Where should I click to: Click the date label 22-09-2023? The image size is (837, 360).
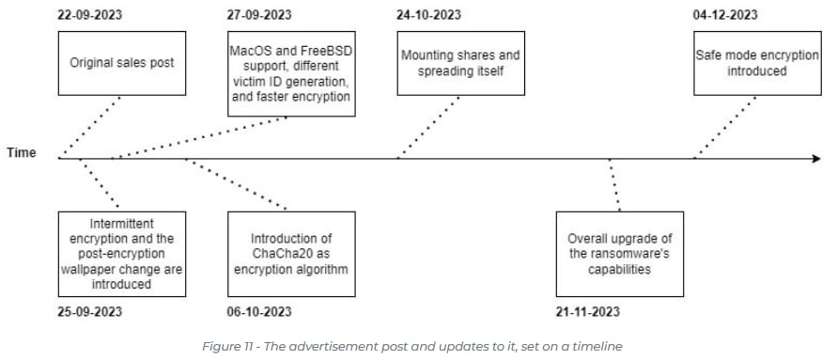pyautogui.click(x=89, y=14)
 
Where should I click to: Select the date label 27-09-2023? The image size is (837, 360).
pyautogui.click(x=260, y=14)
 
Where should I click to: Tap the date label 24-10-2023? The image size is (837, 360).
pyautogui.click(x=429, y=14)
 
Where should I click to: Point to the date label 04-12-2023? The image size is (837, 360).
pyautogui.click(x=725, y=14)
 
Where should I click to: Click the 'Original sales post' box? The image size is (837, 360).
pyautogui.click(x=118, y=64)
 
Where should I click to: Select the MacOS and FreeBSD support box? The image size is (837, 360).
pyautogui.click(x=291, y=70)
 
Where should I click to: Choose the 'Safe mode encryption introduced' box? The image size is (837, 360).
pyautogui.click(x=756, y=64)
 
